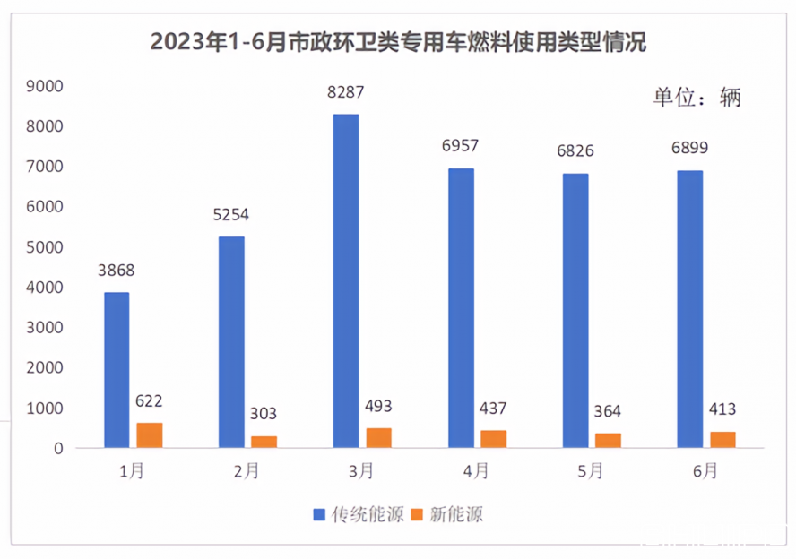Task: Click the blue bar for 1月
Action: click(x=117, y=370)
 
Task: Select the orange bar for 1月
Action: click(x=149, y=435)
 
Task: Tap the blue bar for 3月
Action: click(x=346, y=281)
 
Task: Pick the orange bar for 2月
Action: click(x=264, y=442)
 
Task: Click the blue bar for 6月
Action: click(x=690, y=309)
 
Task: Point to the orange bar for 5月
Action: click(x=608, y=441)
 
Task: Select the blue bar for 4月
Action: click(x=461, y=308)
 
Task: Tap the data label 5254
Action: click(x=230, y=215)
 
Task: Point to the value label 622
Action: click(x=149, y=401)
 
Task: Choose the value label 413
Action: click(x=722, y=410)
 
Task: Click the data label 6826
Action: click(x=575, y=151)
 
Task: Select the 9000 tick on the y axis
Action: click(x=45, y=86)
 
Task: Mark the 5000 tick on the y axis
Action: click(x=45, y=247)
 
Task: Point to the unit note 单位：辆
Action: click(x=696, y=98)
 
